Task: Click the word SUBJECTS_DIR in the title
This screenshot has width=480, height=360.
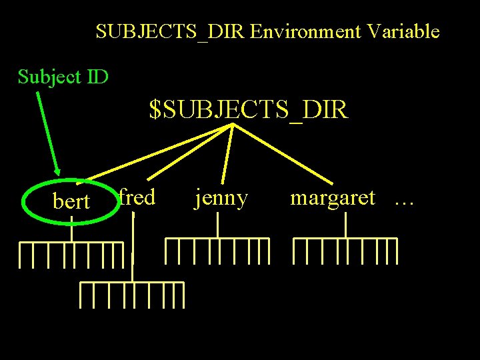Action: point(171,32)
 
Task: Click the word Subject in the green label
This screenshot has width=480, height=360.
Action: point(50,77)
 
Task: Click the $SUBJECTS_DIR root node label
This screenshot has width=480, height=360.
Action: point(249,110)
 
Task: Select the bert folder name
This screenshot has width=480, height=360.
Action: point(71,201)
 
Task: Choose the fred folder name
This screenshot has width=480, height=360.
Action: point(137,197)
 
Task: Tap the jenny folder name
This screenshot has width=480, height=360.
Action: point(221,198)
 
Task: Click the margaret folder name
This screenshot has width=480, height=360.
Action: point(332,197)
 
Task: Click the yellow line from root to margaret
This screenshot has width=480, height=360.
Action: point(283,154)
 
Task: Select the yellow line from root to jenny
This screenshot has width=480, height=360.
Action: point(227,154)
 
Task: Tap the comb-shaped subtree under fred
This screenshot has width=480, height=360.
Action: point(132,293)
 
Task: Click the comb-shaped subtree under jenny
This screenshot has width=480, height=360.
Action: point(217,249)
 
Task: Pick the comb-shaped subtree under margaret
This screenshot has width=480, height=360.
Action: point(345,249)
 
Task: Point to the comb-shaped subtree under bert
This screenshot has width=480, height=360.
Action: point(71,253)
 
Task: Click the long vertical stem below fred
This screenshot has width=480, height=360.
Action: point(133,247)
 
